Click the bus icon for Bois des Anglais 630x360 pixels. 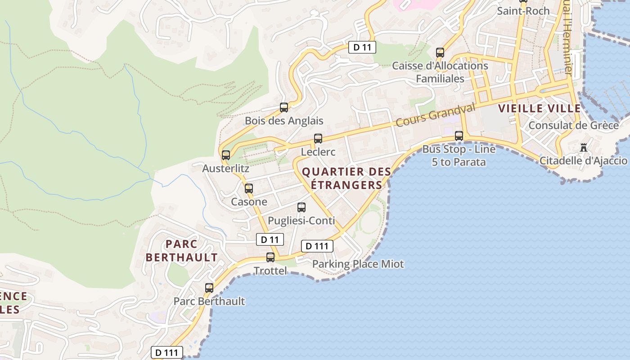click(x=284, y=108)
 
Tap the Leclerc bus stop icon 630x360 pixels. click(x=318, y=139)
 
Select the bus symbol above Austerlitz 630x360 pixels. click(x=226, y=155)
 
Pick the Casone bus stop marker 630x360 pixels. click(x=249, y=189)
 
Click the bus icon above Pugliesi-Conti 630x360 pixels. click(x=301, y=207)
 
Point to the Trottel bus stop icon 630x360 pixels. click(x=270, y=257)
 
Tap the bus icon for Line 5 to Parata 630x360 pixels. click(x=459, y=136)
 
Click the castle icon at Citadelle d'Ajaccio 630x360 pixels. click(x=584, y=147)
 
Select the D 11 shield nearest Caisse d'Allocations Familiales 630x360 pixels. click(x=362, y=47)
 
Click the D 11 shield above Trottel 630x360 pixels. click(x=270, y=239)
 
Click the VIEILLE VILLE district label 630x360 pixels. click(x=540, y=108)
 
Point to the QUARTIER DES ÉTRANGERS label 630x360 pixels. click(x=346, y=178)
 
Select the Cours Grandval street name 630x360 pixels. click(x=436, y=115)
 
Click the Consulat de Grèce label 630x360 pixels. click(x=573, y=125)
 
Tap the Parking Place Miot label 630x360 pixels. click(x=358, y=264)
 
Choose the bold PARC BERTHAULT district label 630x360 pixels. click(x=182, y=251)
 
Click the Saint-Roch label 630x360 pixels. click(x=523, y=11)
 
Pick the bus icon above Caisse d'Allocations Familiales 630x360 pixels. click(x=440, y=53)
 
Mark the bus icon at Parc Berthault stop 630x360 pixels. click(x=209, y=288)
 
